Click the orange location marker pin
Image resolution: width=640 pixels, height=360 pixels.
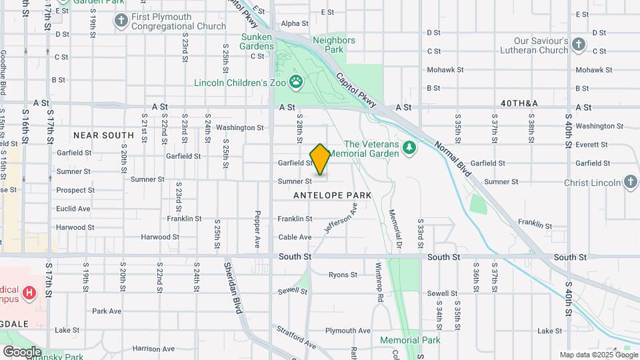pyautogui.click(x=320, y=160)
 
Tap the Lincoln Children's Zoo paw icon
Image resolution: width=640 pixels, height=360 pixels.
pyautogui.click(x=295, y=83)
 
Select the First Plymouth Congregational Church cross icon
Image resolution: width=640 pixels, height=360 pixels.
pyautogui.click(x=121, y=21)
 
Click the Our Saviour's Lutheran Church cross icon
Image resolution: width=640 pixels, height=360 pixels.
pyautogui.click(x=579, y=45)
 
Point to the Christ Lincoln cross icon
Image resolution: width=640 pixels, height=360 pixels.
pyautogui.click(x=631, y=182)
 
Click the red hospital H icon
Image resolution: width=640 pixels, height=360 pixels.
pyautogui.click(x=29, y=292)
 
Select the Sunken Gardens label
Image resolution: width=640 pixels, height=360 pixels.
pyautogui.click(x=257, y=41)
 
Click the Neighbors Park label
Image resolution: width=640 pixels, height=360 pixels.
pyautogui.click(x=333, y=45)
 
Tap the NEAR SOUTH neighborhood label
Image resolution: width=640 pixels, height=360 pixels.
pyautogui.click(x=103, y=135)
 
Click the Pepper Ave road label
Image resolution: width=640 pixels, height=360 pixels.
pyautogui.click(x=257, y=227)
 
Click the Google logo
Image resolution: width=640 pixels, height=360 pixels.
pyautogui.click(x=21, y=351)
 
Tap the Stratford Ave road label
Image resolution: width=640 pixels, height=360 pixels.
pyautogui.click(x=296, y=337)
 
